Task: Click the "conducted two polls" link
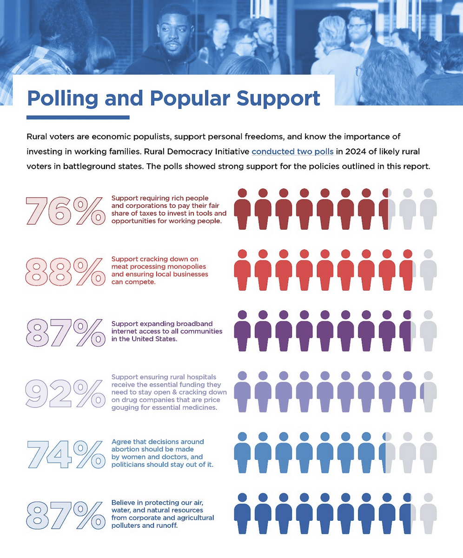[292, 152]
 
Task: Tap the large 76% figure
[65, 211]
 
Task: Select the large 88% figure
[65, 272]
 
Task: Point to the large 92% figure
[65, 393]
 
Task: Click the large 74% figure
[65, 454]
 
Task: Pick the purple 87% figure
[65, 332]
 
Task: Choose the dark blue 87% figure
[65, 515]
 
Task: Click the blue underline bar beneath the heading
[78, 117]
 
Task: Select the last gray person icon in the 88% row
[428, 270]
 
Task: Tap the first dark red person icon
[242, 209]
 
